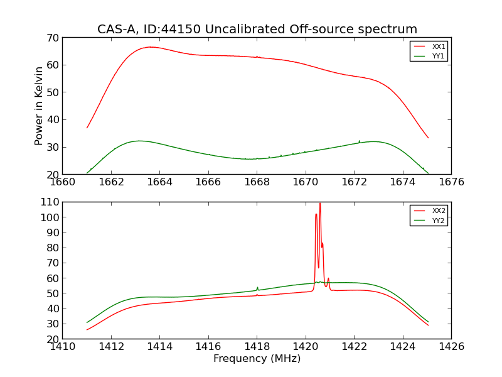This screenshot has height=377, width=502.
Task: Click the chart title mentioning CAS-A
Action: click(257, 29)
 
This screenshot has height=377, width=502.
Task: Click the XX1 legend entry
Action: click(437, 46)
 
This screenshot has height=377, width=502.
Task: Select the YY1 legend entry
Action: click(437, 56)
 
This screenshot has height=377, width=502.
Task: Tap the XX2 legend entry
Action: click(437, 211)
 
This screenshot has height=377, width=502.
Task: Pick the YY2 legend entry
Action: click(437, 221)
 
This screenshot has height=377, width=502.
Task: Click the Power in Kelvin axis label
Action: click(39, 106)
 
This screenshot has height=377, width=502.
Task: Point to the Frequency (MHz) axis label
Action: click(257, 359)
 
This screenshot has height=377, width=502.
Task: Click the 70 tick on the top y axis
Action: click(52, 38)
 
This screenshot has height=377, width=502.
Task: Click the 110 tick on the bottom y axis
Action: click(50, 202)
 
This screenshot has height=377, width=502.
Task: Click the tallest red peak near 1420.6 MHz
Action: click(320, 204)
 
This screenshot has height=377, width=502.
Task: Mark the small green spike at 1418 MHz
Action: click(257, 288)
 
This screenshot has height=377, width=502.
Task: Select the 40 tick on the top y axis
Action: click(52, 120)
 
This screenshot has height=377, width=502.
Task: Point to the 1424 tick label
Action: click(402, 346)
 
